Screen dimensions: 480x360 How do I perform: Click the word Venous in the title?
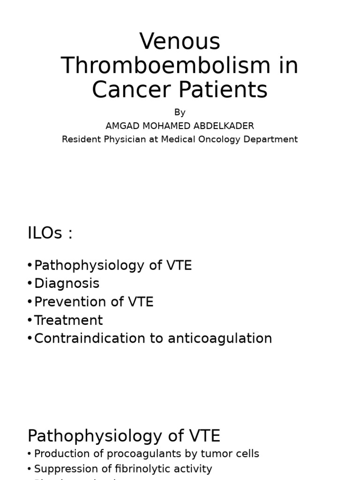coord(180,42)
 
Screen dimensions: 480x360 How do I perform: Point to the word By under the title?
coord(180,112)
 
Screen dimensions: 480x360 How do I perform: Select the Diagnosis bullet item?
coord(67,284)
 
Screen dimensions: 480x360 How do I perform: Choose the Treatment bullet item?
coord(68,320)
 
